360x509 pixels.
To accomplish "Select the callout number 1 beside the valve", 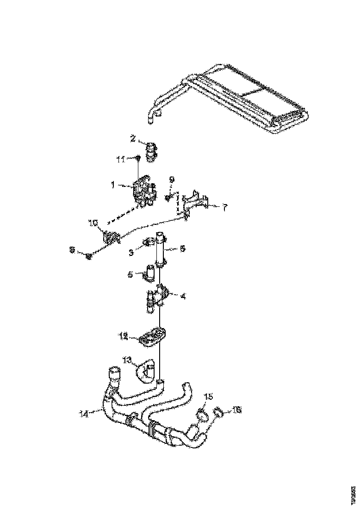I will pyautogui.click(x=112, y=185).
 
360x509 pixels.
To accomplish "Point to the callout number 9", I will pyautogui.click(x=172, y=179).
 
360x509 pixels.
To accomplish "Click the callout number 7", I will pyautogui.click(x=224, y=208).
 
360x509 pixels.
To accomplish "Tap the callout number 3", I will pyautogui.click(x=131, y=252).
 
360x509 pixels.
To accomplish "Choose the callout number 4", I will pyautogui.click(x=183, y=295).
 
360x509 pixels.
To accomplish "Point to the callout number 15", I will pyautogui.click(x=209, y=397).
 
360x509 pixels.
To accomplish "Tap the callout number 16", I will pyautogui.click(x=236, y=410).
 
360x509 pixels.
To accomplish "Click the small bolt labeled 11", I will pyautogui.click(x=138, y=159).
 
